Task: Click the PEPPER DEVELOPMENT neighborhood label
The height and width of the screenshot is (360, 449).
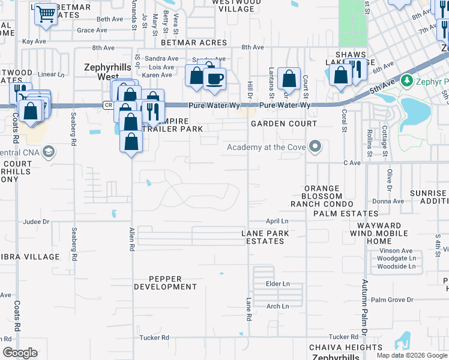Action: pyautogui.click(x=165, y=283)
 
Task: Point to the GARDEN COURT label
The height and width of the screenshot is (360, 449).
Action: pyautogui.click(x=283, y=124)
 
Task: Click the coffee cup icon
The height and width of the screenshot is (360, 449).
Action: pyautogui.click(x=214, y=78)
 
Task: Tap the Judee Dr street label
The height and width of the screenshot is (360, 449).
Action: pyautogui.click(x=36, y=221)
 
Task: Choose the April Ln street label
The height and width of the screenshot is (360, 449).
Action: pyautogui.click(x=277, y=221)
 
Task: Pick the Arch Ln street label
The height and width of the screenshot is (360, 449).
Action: pyautogui.click(x=277, y=307)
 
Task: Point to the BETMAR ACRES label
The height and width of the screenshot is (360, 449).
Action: pyautogui.click(x=194, y=43)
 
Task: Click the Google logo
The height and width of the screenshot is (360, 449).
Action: pyautogui.click(x=20, y=353)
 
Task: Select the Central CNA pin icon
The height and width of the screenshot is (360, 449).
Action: pyautogui.click(x=49, y=152)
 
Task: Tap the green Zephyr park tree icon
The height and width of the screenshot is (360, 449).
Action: pyautogui.click(x=407, y=80)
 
